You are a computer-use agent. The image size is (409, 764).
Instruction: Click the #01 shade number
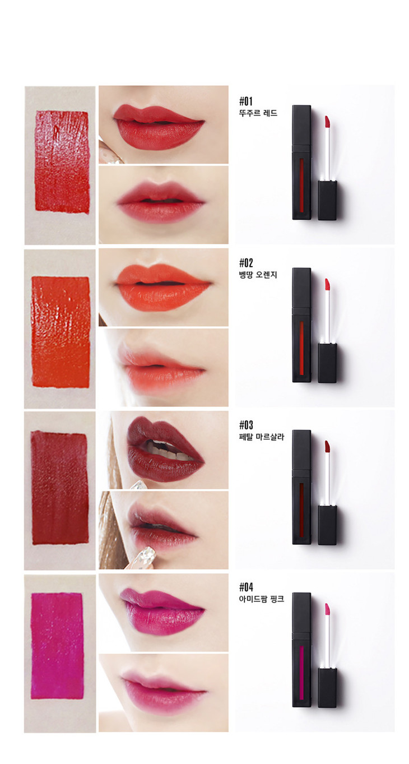246,101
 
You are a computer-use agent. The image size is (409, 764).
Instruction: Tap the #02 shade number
246,263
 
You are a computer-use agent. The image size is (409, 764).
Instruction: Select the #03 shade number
246,425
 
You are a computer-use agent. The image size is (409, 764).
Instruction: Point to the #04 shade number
246,587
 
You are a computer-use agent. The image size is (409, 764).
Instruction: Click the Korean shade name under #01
258,113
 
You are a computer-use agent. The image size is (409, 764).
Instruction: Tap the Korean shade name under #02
258,275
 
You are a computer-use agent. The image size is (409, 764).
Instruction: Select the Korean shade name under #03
262,437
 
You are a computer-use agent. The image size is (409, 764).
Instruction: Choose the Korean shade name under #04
262,599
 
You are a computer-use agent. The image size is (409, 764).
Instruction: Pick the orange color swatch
61,332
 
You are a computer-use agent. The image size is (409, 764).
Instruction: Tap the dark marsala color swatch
59,489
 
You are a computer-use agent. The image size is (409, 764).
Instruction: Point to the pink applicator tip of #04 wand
327,609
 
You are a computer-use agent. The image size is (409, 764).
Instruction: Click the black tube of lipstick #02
301,325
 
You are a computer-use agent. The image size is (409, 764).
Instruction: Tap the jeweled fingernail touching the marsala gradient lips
146,555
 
